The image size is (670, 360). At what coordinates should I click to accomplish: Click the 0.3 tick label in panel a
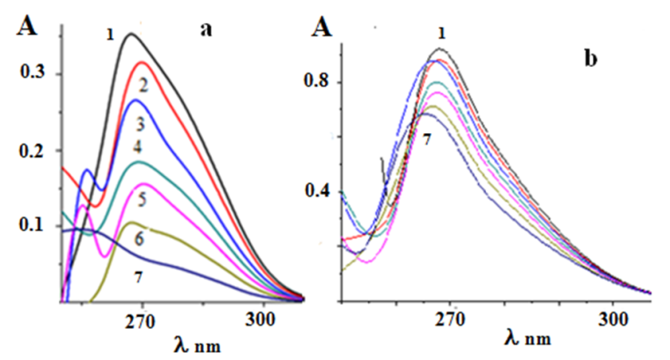pos(33,74)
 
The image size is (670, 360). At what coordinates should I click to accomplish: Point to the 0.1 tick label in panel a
pos(33,225)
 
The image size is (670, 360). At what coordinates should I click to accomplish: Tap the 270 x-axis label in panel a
pos(141,318)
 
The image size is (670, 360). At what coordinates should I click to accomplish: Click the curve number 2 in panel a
pos(143,84)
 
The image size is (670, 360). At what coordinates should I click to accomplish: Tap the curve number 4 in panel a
pos(137,146)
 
